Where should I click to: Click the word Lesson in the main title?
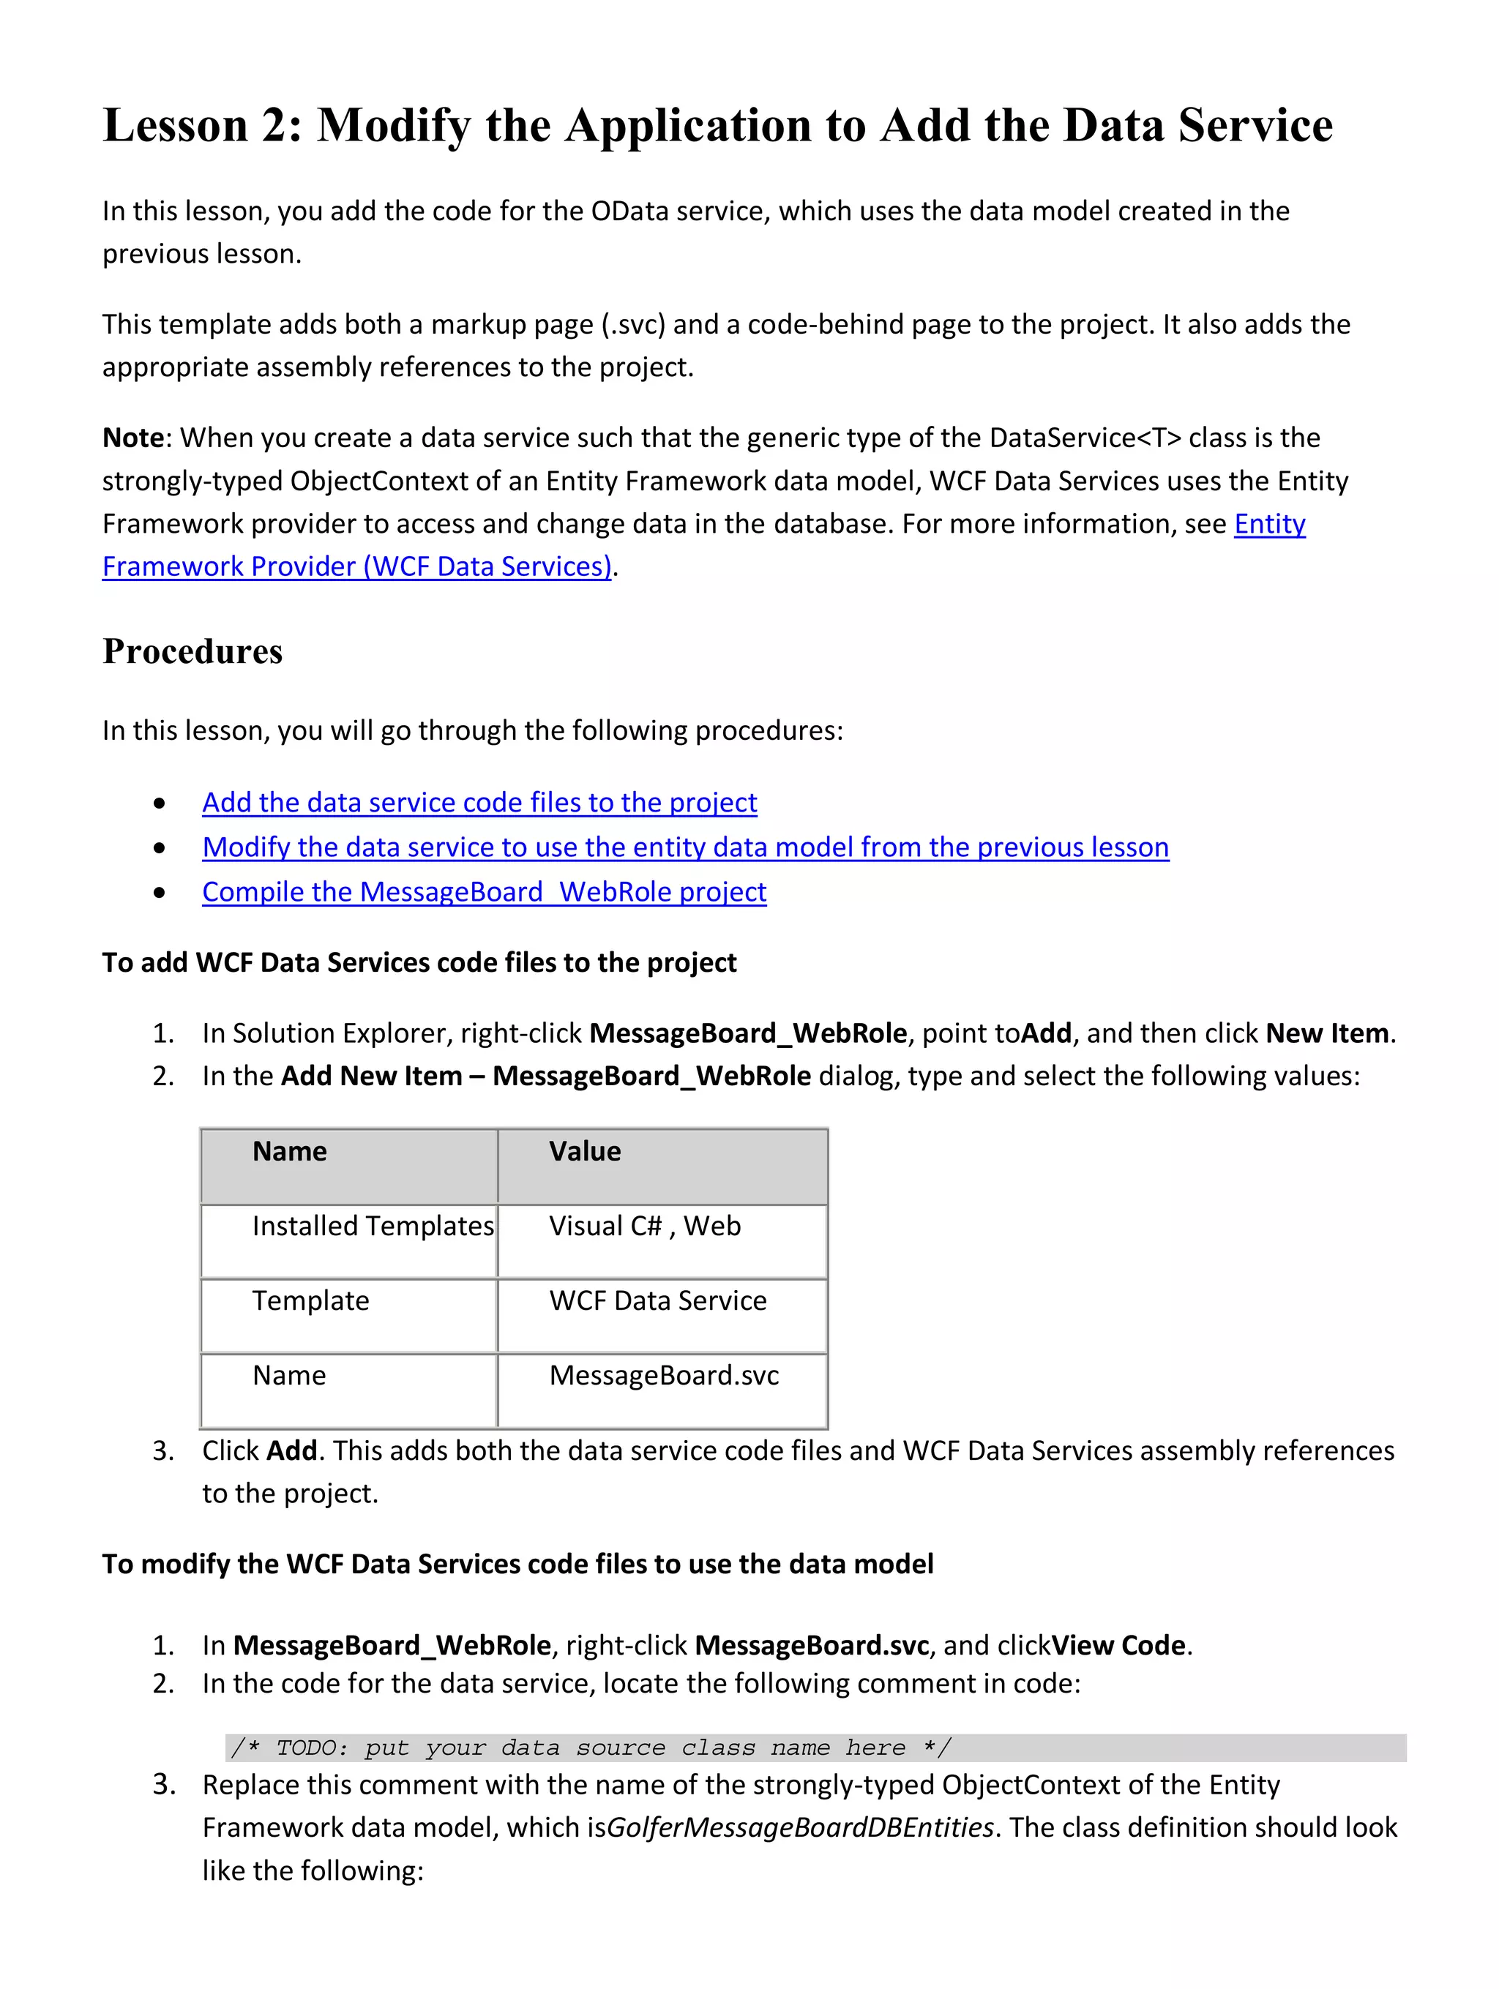coord(176,125)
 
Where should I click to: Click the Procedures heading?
coord(192,651)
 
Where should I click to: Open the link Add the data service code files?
coord(479,802)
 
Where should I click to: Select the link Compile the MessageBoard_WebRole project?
coord(484,892)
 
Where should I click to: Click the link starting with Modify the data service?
coord(685,847)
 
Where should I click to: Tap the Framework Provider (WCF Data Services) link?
coord(357,566)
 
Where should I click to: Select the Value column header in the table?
coord(585,1152)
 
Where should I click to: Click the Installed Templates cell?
coord(373,1226)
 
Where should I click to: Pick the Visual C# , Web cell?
coord(645,1226)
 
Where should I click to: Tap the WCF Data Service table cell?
coord(657,1301)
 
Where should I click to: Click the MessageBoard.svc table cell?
coord(664,1376)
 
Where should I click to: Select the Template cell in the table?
coord(310,1301)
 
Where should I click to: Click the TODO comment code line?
coord(590,1748)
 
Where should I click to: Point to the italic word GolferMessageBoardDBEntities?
coord(800,1828)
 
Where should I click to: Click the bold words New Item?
coord(1327,1034)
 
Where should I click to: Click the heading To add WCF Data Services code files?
coord(419,963)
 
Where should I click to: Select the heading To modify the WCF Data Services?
coord(517,1565)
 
